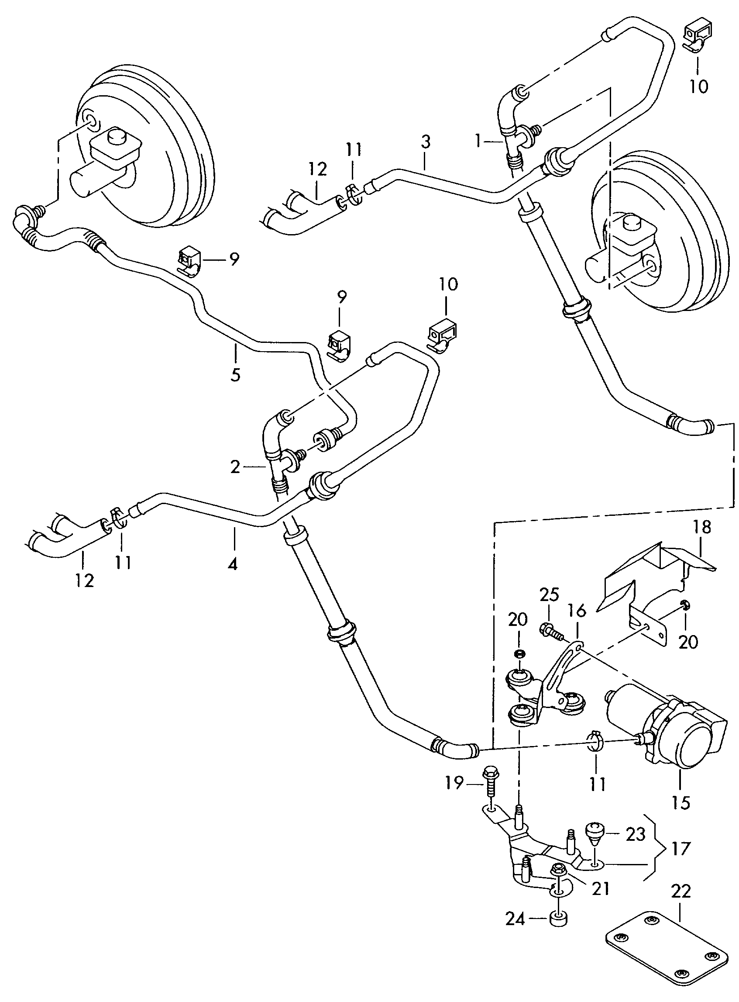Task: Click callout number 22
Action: (681, 891)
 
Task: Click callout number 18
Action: (702, 528)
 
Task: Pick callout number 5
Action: (236, 374)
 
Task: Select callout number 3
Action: (426, 142)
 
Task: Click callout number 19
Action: (454, 784)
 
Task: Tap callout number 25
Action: (549, 595)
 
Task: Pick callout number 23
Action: (636, 834)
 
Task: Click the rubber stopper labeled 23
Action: (595, 833)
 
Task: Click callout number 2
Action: (236, 467)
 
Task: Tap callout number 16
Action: (577, 612)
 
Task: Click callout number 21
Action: (601, 888)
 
